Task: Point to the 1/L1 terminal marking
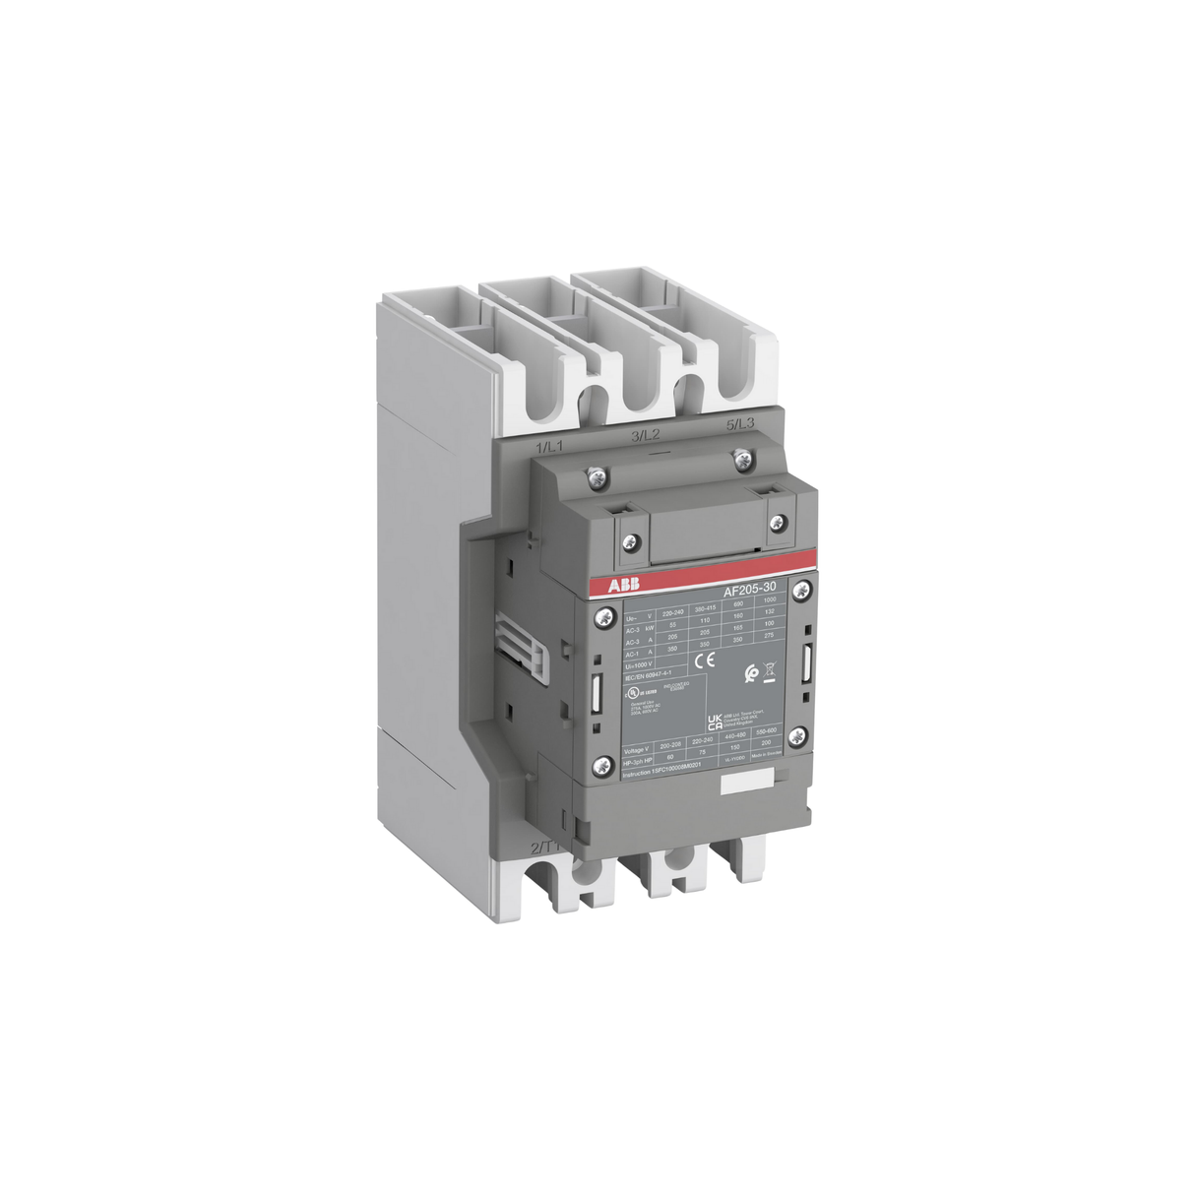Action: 548,449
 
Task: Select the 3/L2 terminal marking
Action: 645,435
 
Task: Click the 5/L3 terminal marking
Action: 739,424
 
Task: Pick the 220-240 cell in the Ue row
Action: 673,611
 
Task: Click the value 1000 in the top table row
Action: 770,600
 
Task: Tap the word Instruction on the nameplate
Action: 638,776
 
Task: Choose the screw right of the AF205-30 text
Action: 802,591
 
